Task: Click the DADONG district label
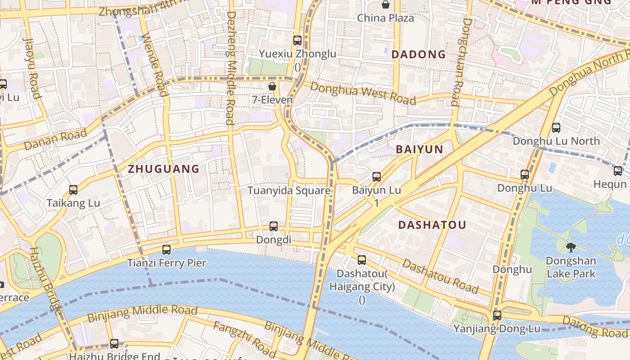pyautogui.click(x=418, y=54)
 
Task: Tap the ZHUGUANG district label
pyautogui.click(x=163, y=169)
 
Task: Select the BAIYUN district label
pyautogui.click(x=419, y=149)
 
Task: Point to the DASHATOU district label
pyautogui.click(x=432, y=225)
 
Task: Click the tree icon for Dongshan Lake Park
pyautogui.click(x=571, y=247)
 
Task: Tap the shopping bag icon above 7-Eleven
pyautogui.click(x=272, y=86)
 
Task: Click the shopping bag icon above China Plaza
pyautogui.click(x=385, y=4)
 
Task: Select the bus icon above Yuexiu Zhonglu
pyautogui.click(x=297, y=40)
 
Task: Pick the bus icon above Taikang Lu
pyautogui.click(x=73, y=189)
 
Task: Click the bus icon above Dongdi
pyautogui.click(x=273, y=226)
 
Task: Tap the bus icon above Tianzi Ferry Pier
pyautogui.click(x=166, y=249)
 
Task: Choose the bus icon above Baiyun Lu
pyautogui.click(x=377, y=177)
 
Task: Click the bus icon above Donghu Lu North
pyautogui.click(x=556, y=127)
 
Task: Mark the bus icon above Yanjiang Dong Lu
pyautogui.click(x=497, y=315)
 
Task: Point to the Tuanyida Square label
pyautogui.click(x=289, y=190)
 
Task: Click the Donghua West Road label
pyautogui.click(x=363, y=94)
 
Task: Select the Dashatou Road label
pyautogui.click(x=440, y=276)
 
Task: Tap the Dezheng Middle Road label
pyautogui.click(x=230, y=67)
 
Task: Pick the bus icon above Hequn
pyautogui.click(x=617, y=171)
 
